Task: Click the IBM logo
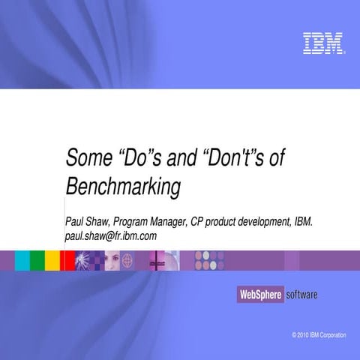click(x=323, y=43)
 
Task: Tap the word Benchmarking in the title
click(x=124, y=185)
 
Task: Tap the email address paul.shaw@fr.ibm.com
click(x=111, y=235)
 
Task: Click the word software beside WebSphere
click(x=301, y=295)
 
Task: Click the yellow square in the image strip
click(x=52, y=260)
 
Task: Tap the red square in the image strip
click(x=67, y=260)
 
